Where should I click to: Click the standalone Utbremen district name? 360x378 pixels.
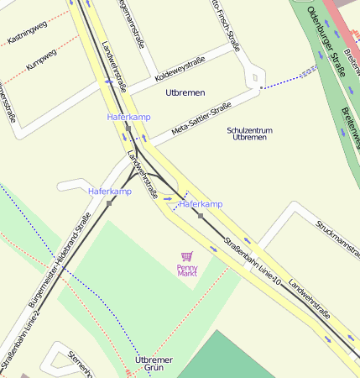185,92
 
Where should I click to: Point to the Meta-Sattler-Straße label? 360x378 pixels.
201,119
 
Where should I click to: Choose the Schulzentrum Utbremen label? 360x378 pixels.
249,134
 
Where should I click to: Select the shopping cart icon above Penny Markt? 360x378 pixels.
186,257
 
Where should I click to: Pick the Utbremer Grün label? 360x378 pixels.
154,364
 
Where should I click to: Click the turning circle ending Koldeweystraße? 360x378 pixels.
253,78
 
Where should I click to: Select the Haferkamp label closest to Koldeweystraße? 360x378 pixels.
128,117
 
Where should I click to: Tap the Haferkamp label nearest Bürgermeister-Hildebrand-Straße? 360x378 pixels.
110,192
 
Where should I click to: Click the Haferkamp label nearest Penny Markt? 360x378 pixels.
201,204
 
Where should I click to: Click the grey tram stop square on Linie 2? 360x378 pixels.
109,202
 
